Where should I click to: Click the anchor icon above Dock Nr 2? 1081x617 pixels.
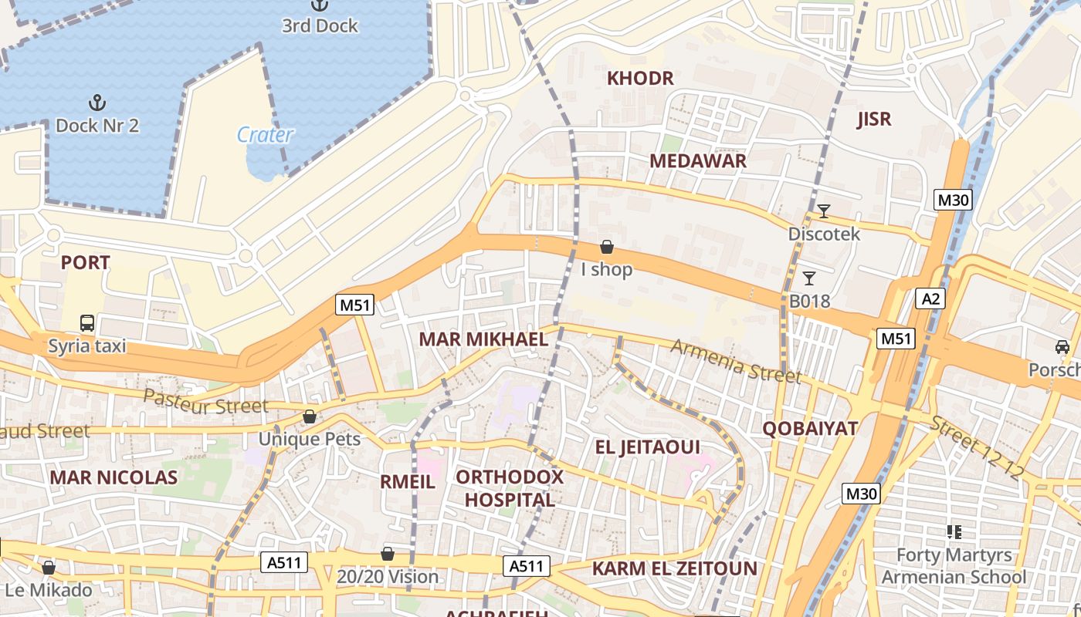pyautogui.click(x=97, y=103)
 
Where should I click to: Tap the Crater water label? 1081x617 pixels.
pyautogui.click(x=265, y=135)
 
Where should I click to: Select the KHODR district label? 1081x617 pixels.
pyautogui.click(x=640, y=78)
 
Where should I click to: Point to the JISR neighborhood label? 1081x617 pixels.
pyautogui.click(x=874, y=119)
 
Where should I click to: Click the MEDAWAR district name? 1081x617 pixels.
pyautogui.click(x=697, y=160)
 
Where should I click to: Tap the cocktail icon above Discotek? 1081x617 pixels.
pyautogui.click(x=824, y=211)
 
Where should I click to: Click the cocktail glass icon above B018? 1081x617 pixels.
pyautogui.click(x=809, y=278)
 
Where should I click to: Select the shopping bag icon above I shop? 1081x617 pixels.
pyautogui.click(x=607, y=247)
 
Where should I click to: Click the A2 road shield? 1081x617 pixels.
pyautogui.click(x=930, y=298)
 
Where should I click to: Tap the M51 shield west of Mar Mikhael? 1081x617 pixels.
pyautogui.click(x=355, y=305)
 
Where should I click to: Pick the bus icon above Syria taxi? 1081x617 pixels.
pyautogui.click(x=87, y=322)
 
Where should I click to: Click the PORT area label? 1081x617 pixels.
pyautogui.click(x=85, y=262)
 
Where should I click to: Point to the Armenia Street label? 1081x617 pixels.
pyautogui.click(x=735, y=361)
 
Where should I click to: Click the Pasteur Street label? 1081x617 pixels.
pyautogui.click(x=206, y=402)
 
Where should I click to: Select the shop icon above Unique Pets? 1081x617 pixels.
pyautogui.click(x=310, y=416)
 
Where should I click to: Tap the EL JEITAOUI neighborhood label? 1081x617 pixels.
pyautogui.click(x=647, y=447)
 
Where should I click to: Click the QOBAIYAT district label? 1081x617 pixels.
pyautogui.click(x=810, y=429)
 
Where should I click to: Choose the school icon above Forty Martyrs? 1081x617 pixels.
pyautogui.click(x=954, y=531)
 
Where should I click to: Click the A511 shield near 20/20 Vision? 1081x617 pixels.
pyautogui.click(x=286, y=563)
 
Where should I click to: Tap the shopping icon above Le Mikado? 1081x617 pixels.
pyautogui.click(x=49, y=568)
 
